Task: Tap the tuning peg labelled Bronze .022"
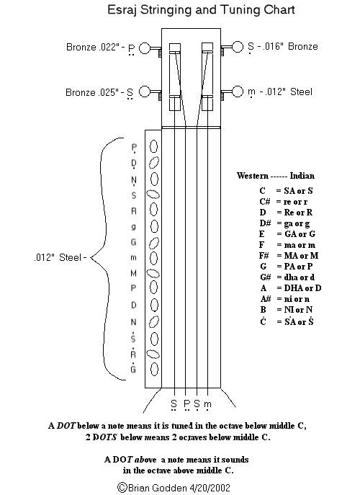click(x=150, y=49)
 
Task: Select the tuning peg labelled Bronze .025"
click(x=150, y=92)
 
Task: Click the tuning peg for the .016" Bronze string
click(x=233, y=48)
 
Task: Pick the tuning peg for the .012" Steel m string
click(x=233, y=92)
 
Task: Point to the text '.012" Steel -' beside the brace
click(x=60, y=257)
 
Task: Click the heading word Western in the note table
click(x=253, y=176)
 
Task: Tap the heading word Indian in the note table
click(x=302, y=176)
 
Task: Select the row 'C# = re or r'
click(x=284, y=202)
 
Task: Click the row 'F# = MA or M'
click(x=289, y=255)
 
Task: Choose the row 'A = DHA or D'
click(x=291, y=288)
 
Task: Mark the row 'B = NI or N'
click(x=286, y=310)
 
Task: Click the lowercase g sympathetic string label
click(x=133, y=227)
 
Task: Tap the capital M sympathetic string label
click(x=133, y=273)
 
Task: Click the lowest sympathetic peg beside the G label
click(x=154, y=369)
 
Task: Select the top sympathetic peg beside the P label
click(x=153, y=146)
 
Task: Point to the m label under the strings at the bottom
click(x=207, y=404)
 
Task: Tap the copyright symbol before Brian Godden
click(x=122, y=487)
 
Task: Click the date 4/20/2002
click(x=210, y=488)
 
